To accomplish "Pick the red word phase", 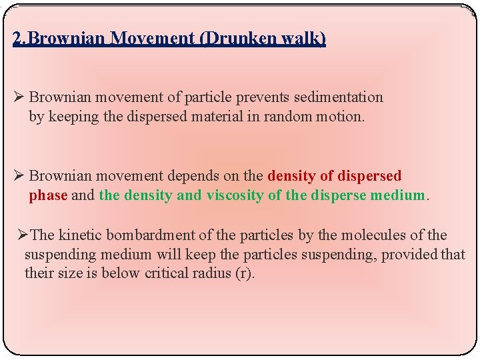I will [x=48, y=196].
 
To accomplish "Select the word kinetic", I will [x=82, y=235].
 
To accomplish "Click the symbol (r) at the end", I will [x=245, y=274].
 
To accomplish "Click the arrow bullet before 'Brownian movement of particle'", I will [x=19, y=97].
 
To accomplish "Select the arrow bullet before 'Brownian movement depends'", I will [x=19, y=177].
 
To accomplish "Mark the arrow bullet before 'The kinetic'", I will [x=23, y=235].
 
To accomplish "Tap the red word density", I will [x=291, y=177].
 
